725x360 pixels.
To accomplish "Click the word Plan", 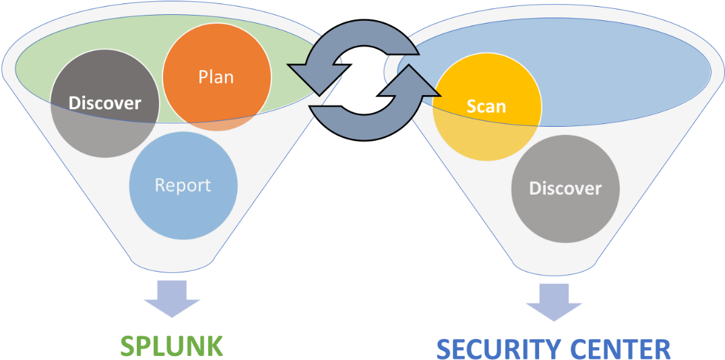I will click(216, 77).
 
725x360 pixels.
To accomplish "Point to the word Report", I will click(183, 185).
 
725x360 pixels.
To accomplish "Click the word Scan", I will click(486, 106).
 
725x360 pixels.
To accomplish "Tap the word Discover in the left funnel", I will click(105, 103).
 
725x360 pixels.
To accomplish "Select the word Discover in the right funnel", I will click(565, 188).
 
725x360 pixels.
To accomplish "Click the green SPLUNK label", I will click(171, 346).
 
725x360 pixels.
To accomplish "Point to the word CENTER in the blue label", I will click(620, 349).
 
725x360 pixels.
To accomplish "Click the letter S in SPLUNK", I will click(127, 346).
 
